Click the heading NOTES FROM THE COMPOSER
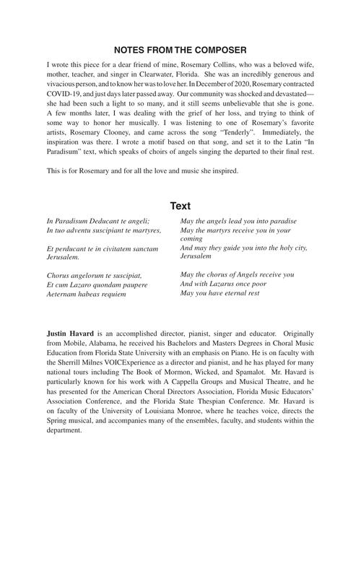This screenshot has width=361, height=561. (x=180, y=50)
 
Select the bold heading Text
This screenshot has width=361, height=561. (x=180, y=205)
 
